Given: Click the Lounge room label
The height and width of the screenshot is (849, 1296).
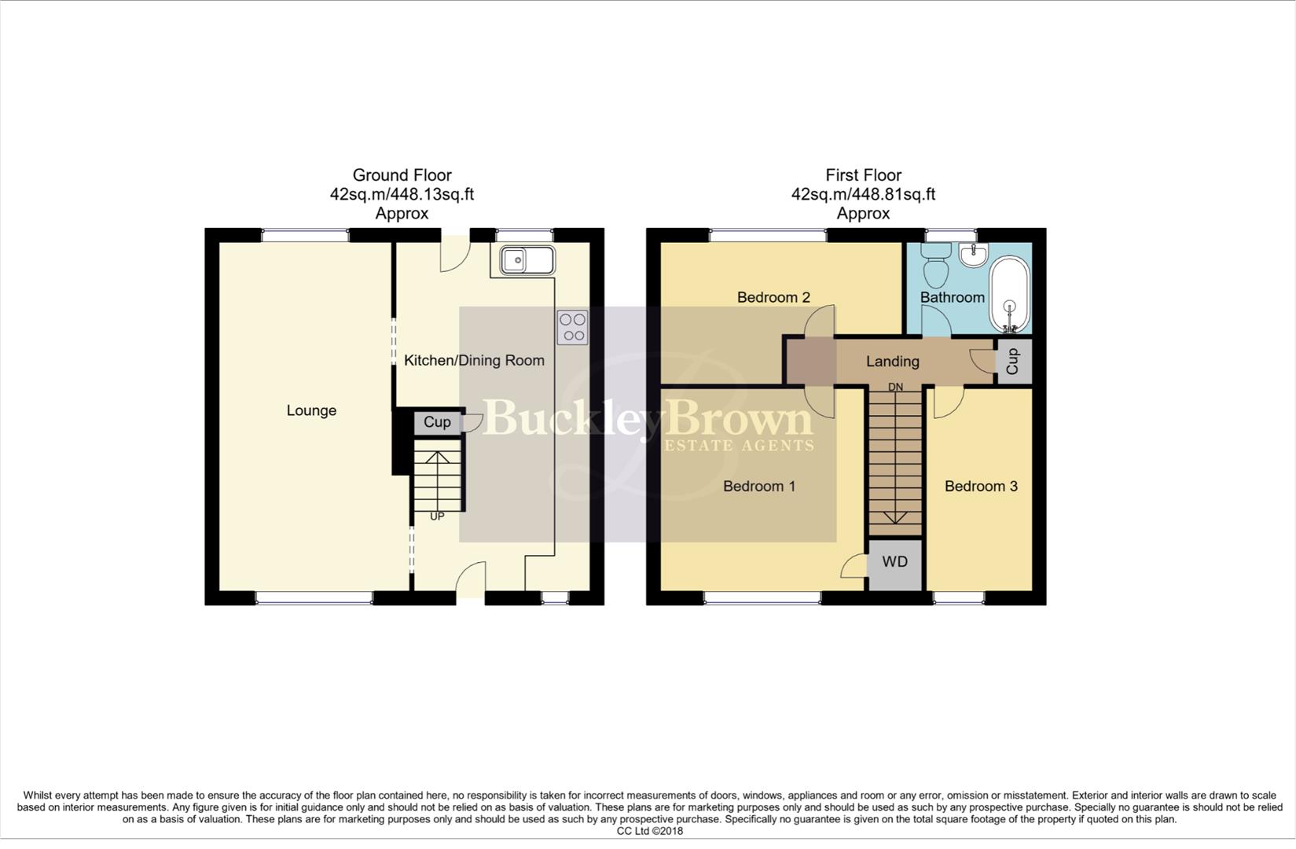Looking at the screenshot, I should pyautogui.click(x=311, y=410).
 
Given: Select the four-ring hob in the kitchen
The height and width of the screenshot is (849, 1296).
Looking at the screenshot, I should pyautogui.click(x=572, y=327).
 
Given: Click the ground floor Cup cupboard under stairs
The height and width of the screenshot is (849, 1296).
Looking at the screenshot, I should pyautogui.click(x=437, y=422).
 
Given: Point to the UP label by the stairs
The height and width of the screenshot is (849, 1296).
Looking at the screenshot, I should pyautogui.click(x=437, y=516).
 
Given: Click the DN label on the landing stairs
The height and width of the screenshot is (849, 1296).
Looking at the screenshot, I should pyautogui.click(x=895, y=388).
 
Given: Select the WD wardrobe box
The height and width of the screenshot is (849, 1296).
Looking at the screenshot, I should pyautogui.click(x=894, y=562).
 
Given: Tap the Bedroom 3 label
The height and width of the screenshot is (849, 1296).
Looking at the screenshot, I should pyautogui.click(x=981, y=487).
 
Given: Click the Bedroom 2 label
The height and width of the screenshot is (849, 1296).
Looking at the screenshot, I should pyautogui.click(x=773, y=297).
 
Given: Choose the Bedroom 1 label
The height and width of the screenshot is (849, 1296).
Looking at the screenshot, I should pyautogui.click(x=759, y=487).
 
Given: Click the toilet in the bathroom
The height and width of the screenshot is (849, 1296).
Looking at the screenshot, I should pyautogui.click(x=935, y=266).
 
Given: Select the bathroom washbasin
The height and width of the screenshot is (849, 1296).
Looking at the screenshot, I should pyautogui.click(x=973, y=255).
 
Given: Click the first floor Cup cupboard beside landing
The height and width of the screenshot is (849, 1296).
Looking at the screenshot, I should pyautogui.click(x=1013, y=361).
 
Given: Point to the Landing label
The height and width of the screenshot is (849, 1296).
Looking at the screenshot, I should pyautogui.click(x=892, y=362).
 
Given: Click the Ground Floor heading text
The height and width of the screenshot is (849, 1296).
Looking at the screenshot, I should pyautogui.click(x=402, y=175).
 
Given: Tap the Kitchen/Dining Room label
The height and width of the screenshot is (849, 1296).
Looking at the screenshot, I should pyautogui.click(x=474, y=361).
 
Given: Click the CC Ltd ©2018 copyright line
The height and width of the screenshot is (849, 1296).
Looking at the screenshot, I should pyautogui.click(x=649, y=831).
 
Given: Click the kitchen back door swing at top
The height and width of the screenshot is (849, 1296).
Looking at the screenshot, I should pyautogui.click(x=453, y=256).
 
